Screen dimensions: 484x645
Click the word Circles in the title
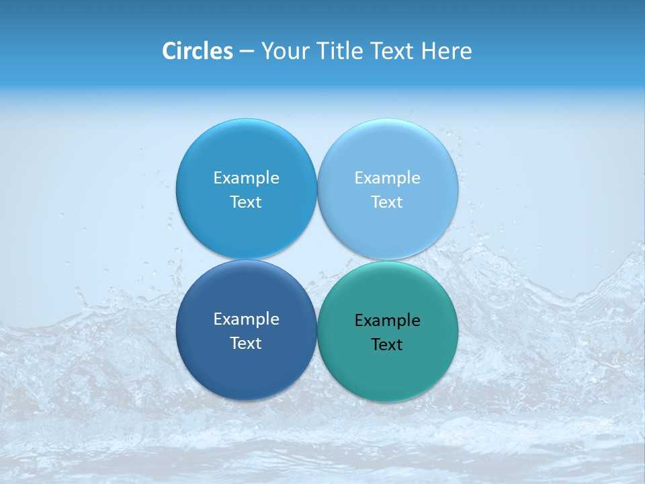click(198, 51)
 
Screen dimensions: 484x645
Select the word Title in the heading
click(337, 51)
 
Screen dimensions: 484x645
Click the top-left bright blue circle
click(246, 148)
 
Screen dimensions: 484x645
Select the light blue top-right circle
click(388, 148)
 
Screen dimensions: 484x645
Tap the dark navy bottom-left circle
click(246, 370)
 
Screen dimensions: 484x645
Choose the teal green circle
click(388, 373)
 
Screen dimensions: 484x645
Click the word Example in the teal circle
click(387, 321)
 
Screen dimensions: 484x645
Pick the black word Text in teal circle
click(387, 345)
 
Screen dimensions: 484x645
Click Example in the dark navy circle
click(246, 319)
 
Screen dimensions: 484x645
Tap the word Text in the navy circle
click(246, 344)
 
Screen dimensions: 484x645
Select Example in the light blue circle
click(387, 178)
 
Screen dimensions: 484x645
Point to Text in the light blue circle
click(387, 202)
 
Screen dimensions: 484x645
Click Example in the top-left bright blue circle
click(246, 178)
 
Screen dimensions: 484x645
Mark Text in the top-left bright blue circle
click(246, 202)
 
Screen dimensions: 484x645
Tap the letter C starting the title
click(169, 51)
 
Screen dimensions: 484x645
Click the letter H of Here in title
click(428, 51)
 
